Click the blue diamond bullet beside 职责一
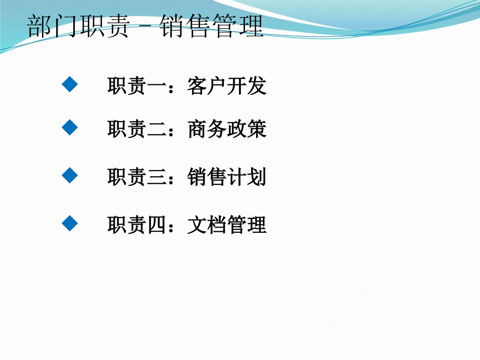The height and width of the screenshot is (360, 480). pos(70,84)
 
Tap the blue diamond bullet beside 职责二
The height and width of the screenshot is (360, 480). pos(70,128)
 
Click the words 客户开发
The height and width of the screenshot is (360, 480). pos(226,86)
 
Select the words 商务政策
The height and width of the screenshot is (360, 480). pos(226,130)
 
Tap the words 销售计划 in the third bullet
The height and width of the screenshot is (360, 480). pos(226,177)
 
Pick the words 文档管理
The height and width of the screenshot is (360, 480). pos(226,225)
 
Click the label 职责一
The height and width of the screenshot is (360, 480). pos(136,86)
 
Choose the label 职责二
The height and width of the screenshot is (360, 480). pos(136,130)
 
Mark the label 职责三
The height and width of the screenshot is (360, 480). pos(136,177)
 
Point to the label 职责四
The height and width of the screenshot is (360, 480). pos(136,225)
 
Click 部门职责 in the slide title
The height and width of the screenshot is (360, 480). pos(79,27)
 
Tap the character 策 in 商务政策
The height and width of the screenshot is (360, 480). pos(257,130)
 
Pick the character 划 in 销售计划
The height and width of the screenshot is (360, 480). pos(257,177)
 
